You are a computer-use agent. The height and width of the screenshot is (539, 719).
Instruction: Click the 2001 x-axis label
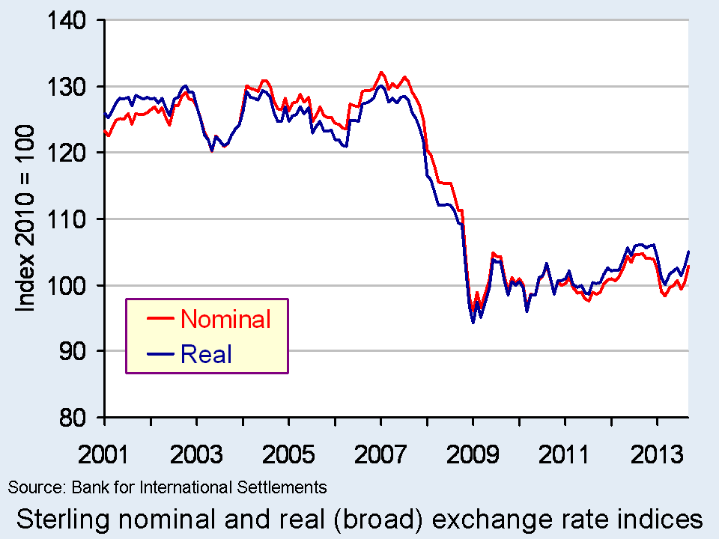(104, 454)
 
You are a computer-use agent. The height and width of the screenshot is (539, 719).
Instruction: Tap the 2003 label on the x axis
(196, 454)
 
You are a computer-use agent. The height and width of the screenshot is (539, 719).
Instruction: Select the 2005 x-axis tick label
(288, 454)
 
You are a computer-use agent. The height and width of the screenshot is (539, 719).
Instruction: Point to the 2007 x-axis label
(380, 454)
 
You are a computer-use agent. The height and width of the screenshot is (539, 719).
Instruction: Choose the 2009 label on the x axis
(473, 454)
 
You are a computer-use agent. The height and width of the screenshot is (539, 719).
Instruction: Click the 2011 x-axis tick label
(565, 454)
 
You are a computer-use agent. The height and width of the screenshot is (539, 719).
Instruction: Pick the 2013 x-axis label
(658, 454)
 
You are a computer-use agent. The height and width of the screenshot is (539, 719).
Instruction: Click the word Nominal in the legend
(225, 320)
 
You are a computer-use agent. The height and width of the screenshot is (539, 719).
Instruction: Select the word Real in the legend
(206, 354)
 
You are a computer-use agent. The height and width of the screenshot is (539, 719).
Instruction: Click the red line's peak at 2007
(381, 73)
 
